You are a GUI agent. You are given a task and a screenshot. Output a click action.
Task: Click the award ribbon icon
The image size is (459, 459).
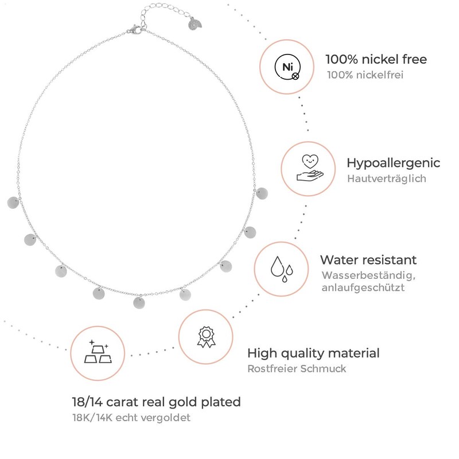pyautogui.click(x=205, y=337)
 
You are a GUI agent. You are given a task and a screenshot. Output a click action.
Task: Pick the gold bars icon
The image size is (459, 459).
pyautogui.click(x=98, y=352)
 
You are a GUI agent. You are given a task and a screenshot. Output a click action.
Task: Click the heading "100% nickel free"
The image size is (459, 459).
pyautogui.click(x=376, y=59)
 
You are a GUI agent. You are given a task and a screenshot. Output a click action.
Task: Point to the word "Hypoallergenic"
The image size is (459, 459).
pyautogui.click(x=394, y=162)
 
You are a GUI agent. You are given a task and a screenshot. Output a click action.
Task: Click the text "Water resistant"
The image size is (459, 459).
pyautogui.click(x=368, y=260)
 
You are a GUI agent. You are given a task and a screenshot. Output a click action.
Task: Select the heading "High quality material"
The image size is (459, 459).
pyautogui.click(x=313, y=353)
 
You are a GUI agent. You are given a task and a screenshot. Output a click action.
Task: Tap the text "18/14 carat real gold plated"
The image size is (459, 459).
pyautogui.click(x=157, y=402)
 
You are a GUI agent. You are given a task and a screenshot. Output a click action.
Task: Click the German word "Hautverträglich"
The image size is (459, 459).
pyautogui.click(x=386, y=178)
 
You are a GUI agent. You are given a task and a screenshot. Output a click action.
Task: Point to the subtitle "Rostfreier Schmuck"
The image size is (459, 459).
pyautogui.click(x=297, y=368)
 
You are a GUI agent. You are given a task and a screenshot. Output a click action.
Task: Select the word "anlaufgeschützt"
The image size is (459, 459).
pyautogui.click(x=363, y=287)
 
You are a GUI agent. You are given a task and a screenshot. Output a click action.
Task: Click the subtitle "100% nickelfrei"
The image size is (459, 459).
pyautogui.click(x=365, y=75)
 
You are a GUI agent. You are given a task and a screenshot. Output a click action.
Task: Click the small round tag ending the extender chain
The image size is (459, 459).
pyautogui.click(x=195, y=26)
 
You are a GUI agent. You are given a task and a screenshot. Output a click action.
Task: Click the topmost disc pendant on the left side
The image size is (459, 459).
pyautogui.click(x=13, y=202)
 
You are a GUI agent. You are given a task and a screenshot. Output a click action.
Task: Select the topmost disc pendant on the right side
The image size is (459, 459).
pyautogui.click(x=263, y=193)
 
